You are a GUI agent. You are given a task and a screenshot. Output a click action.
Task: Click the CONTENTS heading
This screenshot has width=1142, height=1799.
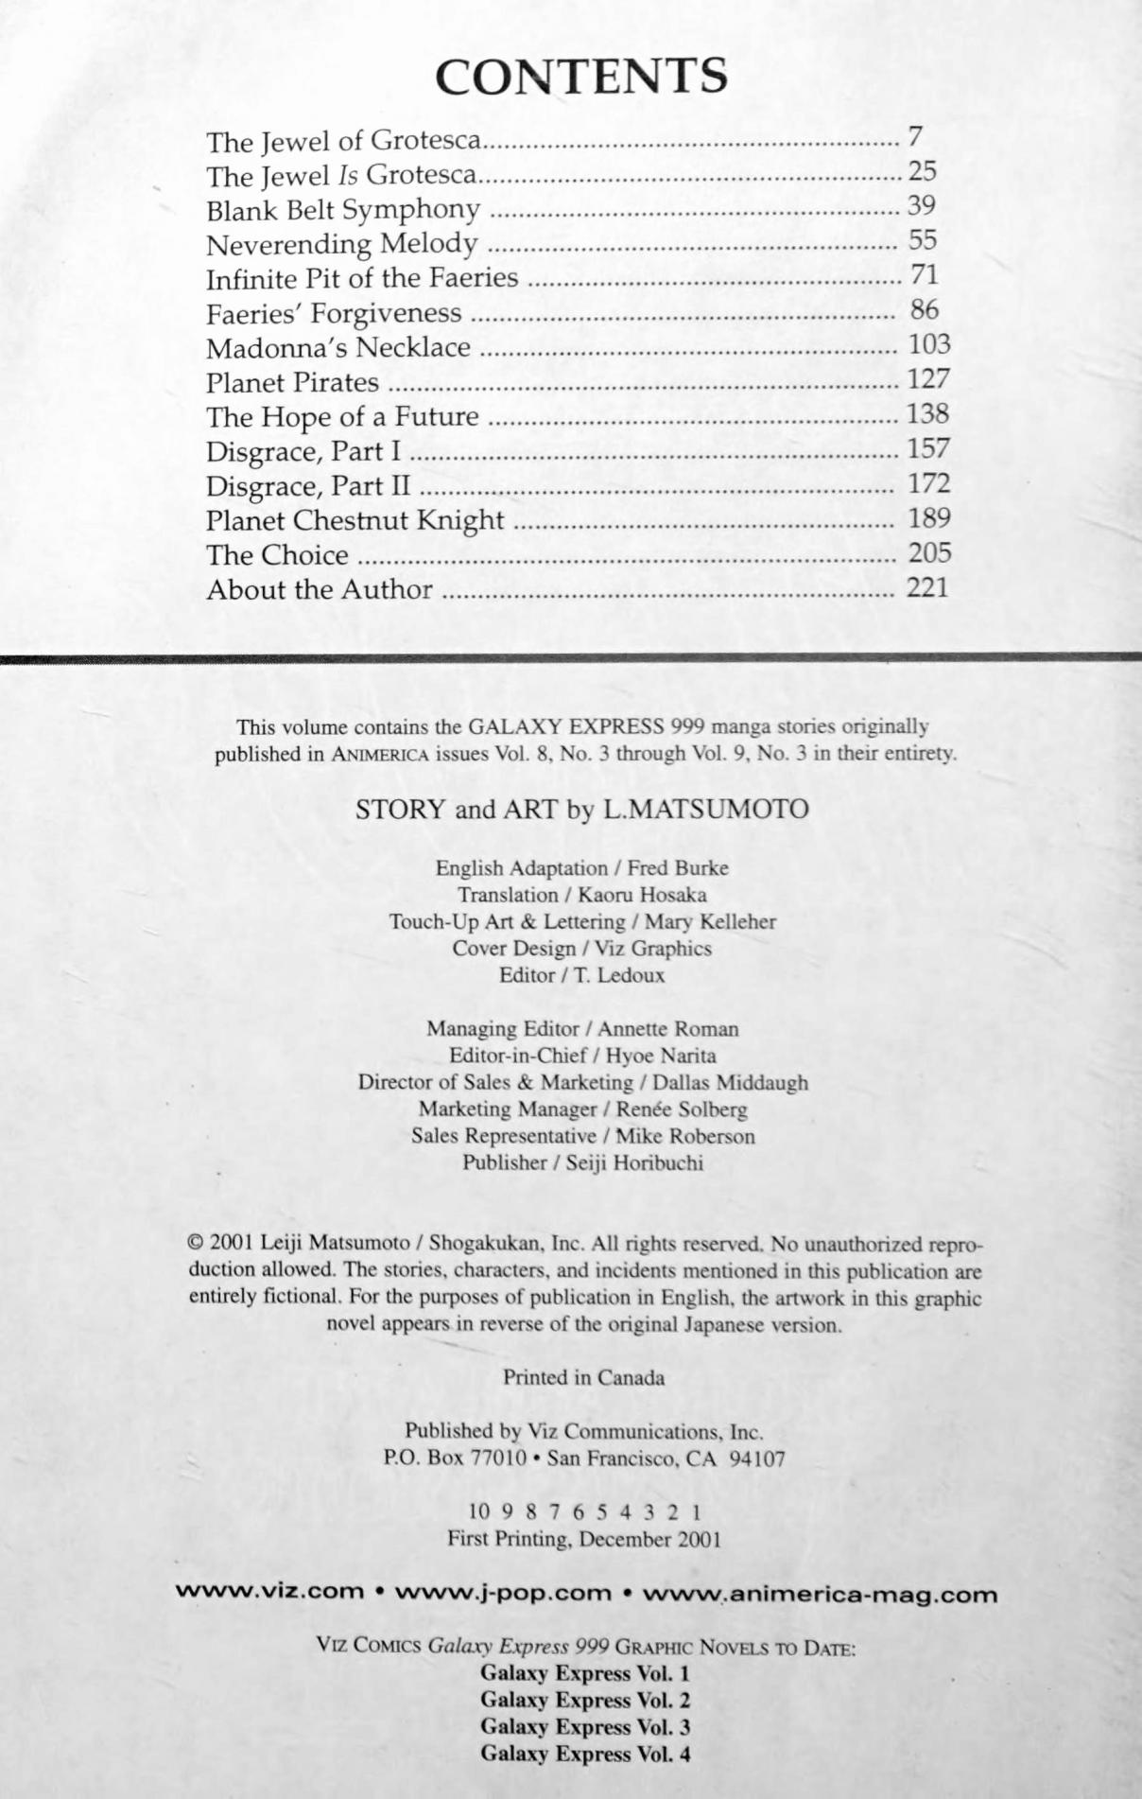pyautogui.click(x=581, y=77)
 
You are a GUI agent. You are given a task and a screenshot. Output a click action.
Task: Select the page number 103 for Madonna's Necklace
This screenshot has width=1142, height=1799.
pyautogui.click(x=928, y=344)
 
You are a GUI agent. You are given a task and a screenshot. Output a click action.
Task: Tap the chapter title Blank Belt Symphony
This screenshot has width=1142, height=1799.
pyautogui.click(x=343, y=209)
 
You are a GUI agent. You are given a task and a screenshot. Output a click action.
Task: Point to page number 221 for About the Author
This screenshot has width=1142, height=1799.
pyautogui.click(x=926, y=587)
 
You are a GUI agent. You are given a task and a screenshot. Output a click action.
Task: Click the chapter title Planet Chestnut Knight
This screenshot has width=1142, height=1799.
pyautogui.click(x=355, y=520)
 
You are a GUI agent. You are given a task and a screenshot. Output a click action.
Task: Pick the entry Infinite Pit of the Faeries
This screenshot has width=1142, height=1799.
pyautogui.click(x=362, y=278)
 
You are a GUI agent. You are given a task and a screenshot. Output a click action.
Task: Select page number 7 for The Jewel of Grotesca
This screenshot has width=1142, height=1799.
pyautogui.click(x=914, y=137)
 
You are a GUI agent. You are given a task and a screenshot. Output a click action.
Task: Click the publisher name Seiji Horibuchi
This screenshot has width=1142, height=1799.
pyautogui.click(x=634, y=1163)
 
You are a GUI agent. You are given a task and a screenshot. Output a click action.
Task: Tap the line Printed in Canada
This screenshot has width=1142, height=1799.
pyautogui.click(x=583, y=1378)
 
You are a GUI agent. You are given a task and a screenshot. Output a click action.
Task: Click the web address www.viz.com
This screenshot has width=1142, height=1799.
pyautogui.click(x=270, y=1591)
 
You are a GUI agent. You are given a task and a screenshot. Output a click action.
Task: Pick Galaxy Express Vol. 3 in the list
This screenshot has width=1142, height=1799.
pyautogui.click(x=585, y=1727)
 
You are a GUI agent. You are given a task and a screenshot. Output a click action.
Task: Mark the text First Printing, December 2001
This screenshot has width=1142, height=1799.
pyautogui.click(x=584, y=1539)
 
